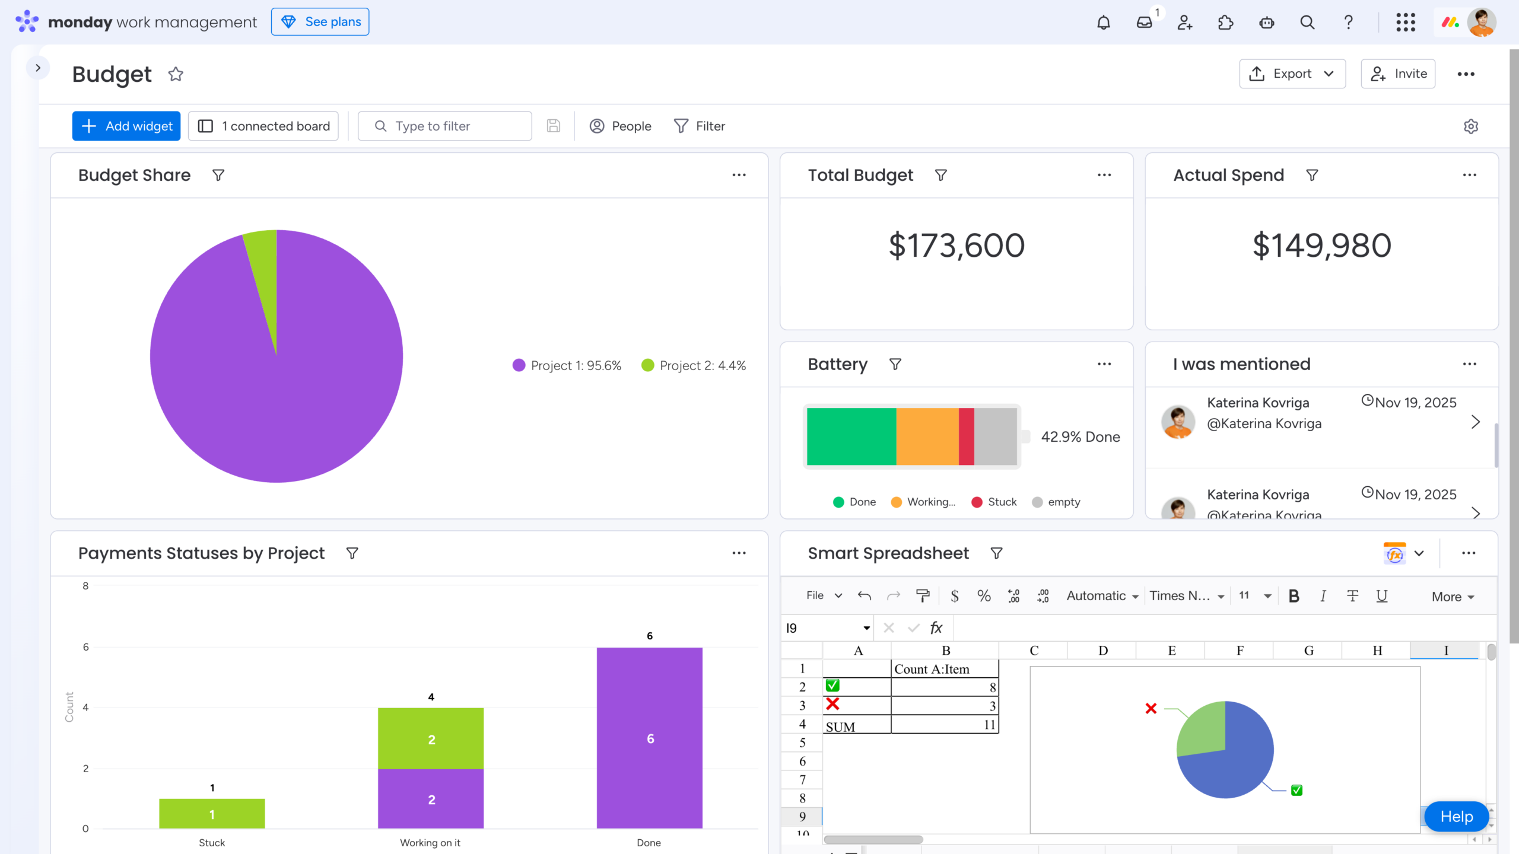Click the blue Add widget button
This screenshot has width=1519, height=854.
(126, 126)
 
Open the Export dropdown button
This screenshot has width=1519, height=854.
(1292, 74)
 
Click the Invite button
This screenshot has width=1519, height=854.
(1398, 74)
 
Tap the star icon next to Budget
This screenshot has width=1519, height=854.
(176, 75)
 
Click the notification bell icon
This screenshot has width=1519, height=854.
(1103, 23)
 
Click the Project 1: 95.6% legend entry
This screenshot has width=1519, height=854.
(567, 366)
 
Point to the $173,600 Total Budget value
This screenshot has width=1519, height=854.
(956, 246)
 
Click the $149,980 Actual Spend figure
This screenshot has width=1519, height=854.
(1321, 246)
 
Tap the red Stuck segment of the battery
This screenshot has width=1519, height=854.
(966, 436)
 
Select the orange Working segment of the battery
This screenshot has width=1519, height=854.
(927, 436)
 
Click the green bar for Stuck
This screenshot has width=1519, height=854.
(212, 814)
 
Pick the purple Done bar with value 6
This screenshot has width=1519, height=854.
(649, 738)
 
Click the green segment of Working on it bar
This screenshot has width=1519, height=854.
(431, 738)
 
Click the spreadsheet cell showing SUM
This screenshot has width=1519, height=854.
(856, 726)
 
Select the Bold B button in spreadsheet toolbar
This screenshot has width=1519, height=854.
(1294, 596)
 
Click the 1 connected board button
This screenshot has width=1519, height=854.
(263, 126)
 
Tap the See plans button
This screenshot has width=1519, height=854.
(320, 22)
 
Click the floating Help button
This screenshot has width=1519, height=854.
(1456, 817)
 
